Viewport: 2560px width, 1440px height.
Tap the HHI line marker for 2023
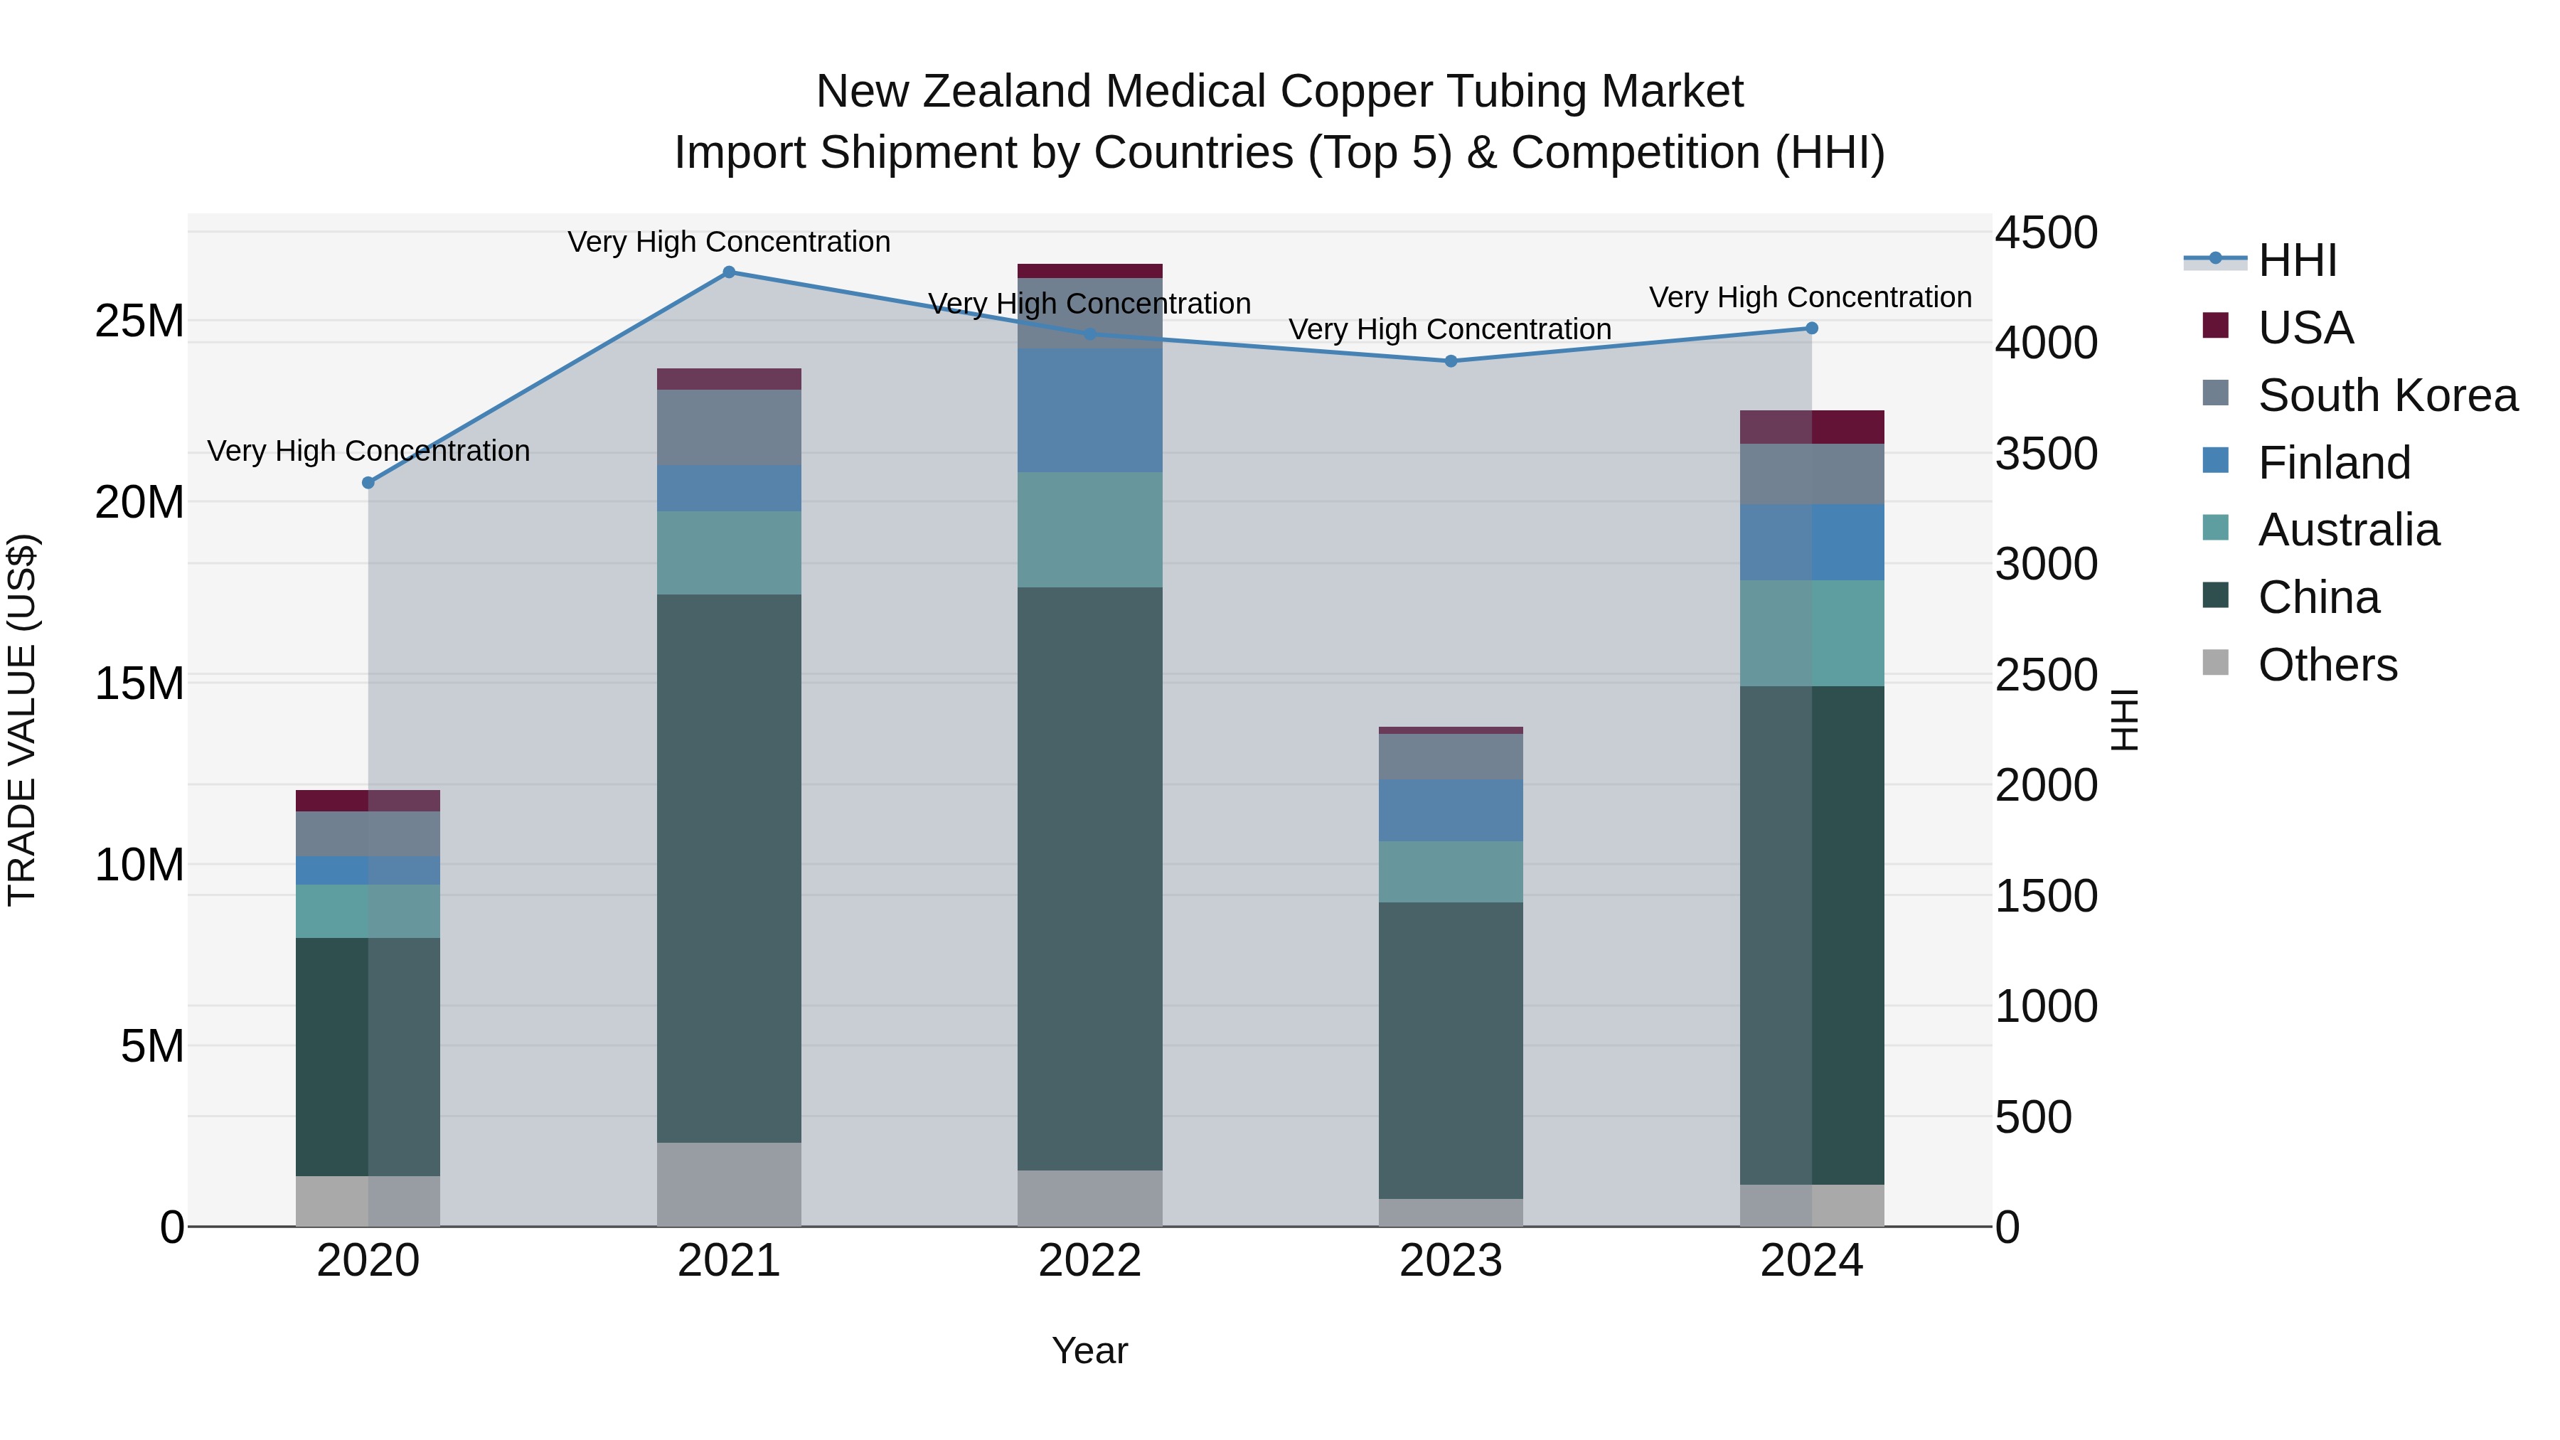[1450, 361]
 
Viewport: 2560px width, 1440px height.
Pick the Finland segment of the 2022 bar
[1089, 410]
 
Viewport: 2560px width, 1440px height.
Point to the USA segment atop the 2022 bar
[1089, 270]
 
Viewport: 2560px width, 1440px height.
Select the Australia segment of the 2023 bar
[1450, 872]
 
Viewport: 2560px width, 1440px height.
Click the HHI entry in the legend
[2295, 260]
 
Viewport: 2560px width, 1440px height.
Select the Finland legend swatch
[2215, 461]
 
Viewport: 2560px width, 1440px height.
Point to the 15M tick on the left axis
[139, 683]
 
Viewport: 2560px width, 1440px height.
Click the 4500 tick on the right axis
[2045, 233]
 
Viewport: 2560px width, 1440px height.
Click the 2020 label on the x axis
[368, 1261]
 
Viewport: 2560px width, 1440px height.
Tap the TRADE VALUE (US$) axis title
[22, 720]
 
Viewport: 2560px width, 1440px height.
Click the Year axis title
[1089, 1350]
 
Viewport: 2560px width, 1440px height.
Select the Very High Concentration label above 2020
[368, 451]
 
